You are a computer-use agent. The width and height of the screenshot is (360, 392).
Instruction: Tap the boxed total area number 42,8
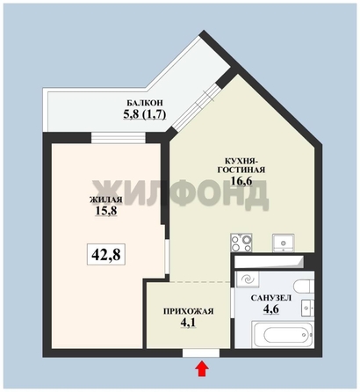click(x=104, y=255)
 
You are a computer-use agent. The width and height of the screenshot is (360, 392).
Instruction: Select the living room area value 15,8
click(x=105, y=213)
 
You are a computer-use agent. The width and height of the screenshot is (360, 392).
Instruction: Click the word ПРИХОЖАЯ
click(x=188, y=311)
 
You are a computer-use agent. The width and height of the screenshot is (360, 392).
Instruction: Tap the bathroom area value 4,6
click(x=270, y=312)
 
